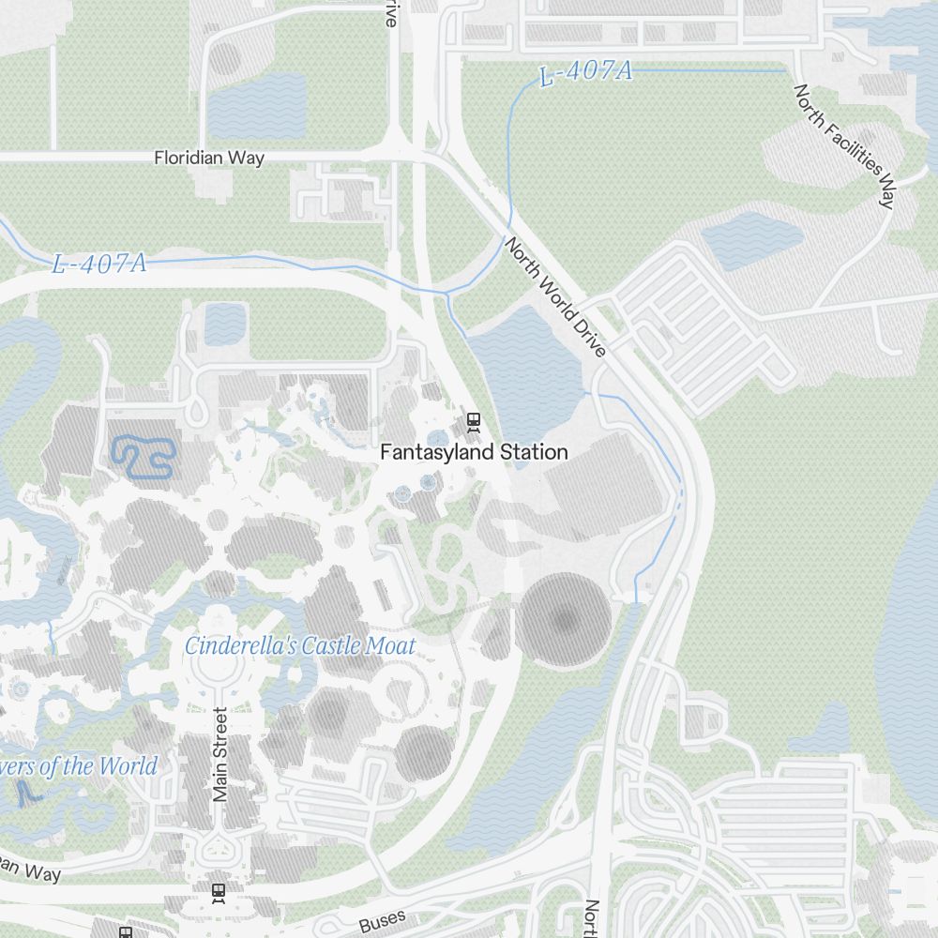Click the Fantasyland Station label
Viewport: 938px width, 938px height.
tap(474, 452)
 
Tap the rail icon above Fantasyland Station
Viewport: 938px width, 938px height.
tap(475, 421)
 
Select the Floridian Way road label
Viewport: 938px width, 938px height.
tap(209, 158)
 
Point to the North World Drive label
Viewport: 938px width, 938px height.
tap(556, 296)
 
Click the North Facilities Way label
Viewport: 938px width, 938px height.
tap(844, 144)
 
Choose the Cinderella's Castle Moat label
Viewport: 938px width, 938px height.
tap(300, 645)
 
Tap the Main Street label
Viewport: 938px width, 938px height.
tap(220, 754)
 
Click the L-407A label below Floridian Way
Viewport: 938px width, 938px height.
tap(99, 264)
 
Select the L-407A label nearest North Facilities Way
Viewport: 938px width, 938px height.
tap(586, 73)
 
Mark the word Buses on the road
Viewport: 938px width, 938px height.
tap(382, 921)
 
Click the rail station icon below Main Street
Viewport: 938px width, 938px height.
tap(219, 892)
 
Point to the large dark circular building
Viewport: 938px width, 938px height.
tap(564, 620)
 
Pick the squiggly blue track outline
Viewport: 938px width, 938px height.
tap(144, 457)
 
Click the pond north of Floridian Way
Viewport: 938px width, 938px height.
tap(255, 105)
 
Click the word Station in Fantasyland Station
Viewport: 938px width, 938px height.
tap(534, 452)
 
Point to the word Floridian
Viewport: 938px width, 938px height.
tap(189, 158)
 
